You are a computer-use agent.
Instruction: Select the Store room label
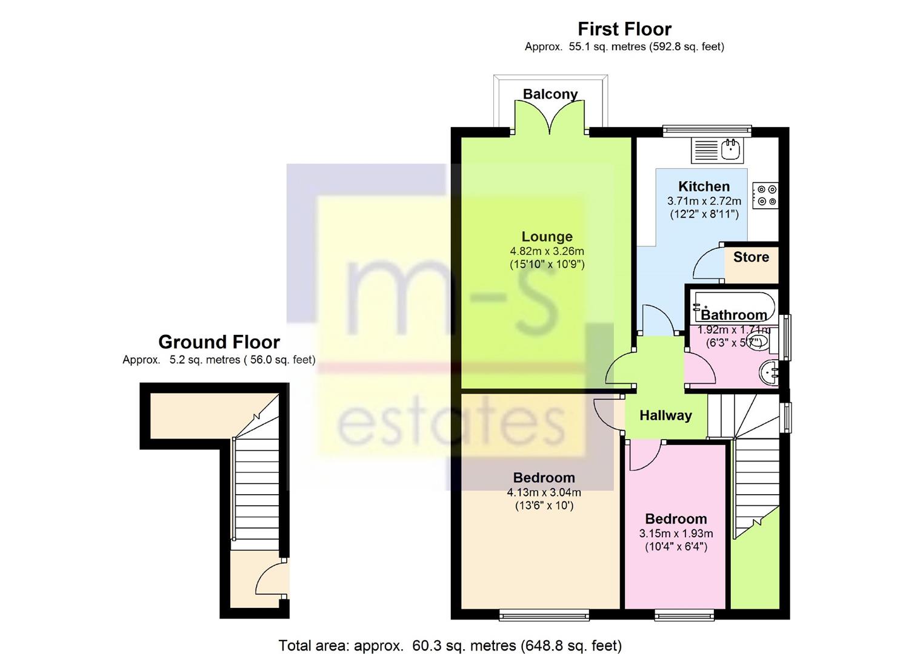click(x=751, y=257)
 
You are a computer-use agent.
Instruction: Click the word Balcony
click(x=550, y=94)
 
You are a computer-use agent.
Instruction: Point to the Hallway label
click(x=666, y=415)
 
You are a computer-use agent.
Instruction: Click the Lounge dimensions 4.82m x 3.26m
click(x=547, y=251)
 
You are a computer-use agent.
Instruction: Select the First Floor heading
click(x=624, y=29)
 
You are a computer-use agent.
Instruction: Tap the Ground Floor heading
click(x=219, y=342)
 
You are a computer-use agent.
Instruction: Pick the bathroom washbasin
click(x=768, y=373)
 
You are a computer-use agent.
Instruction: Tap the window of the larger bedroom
click(x=544, y=615)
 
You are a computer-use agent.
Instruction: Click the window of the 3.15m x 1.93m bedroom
click(x=684, y=615)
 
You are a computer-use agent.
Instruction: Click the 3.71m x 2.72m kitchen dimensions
click(x=704, y=200)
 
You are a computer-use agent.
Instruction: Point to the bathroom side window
click(x=785, y=338)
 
